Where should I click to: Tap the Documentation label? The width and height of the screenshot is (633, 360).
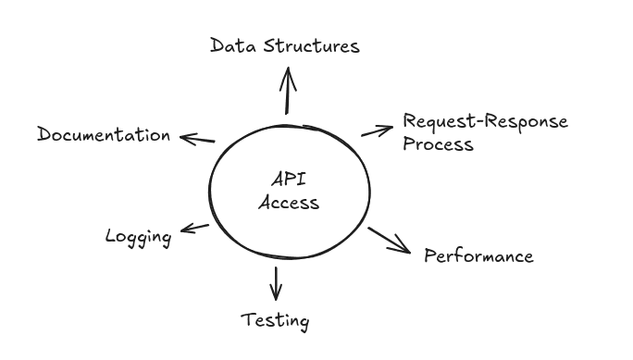pos(104,134)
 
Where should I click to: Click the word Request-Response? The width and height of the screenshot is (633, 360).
pos(485,122)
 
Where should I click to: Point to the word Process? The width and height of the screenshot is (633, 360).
pos(438,144)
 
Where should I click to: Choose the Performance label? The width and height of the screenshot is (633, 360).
pos(478,255)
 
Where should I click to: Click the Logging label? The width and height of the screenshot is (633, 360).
pos(139,237)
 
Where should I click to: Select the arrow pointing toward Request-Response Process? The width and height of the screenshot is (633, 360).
pos(378,129)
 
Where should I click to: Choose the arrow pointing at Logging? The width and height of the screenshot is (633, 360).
pos(194,228)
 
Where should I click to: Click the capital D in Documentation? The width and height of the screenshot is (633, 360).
pos(44,134)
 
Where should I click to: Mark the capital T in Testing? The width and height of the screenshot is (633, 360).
pos(247,320)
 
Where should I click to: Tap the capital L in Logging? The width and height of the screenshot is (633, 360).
pos(111,236)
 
